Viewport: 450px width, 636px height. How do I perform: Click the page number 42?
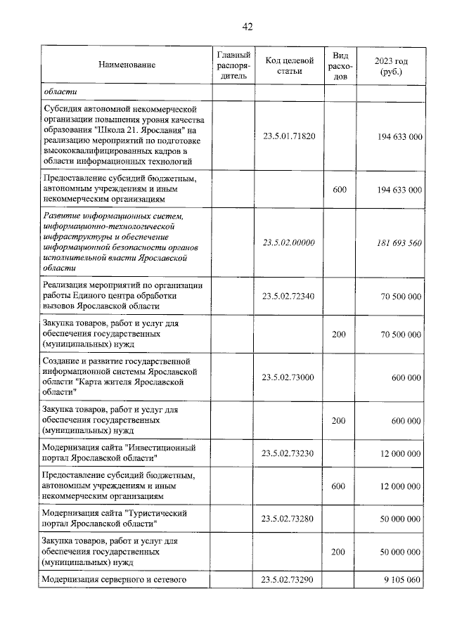point(246,27)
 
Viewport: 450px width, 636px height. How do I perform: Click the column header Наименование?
point(127,65)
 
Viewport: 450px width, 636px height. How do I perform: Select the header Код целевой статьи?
point(289,65)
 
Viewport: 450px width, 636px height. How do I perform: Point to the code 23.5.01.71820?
point(289,136)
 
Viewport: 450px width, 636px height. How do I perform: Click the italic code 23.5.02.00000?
point(289,242)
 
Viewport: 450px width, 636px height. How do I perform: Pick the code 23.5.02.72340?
point(289,296)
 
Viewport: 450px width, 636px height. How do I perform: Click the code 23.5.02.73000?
point(289,377)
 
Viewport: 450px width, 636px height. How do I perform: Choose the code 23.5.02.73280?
point(289,519)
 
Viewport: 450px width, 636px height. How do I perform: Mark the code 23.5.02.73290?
point(289,580)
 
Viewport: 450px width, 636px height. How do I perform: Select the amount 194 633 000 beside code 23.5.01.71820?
point(394,136)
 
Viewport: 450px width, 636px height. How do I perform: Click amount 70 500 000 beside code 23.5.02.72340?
point(397,296)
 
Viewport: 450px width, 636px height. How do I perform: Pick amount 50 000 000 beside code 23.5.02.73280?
point(397,519)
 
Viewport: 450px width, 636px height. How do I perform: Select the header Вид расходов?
point(338,65)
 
